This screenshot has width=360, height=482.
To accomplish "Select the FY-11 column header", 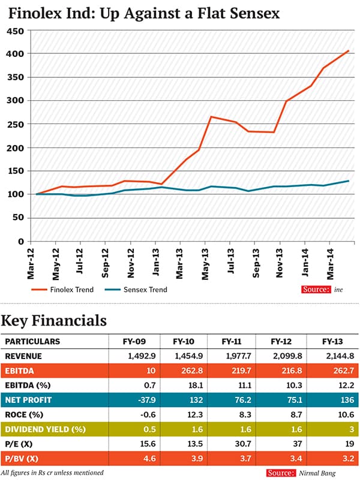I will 231,342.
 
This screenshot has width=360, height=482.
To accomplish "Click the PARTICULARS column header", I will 32,342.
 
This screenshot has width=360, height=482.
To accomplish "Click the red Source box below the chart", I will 316,290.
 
